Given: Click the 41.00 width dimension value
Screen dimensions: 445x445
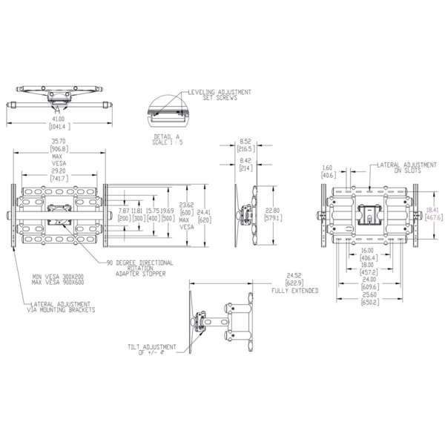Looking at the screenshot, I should pos(58,118).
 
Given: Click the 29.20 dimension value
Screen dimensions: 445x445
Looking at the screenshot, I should pos(59,170).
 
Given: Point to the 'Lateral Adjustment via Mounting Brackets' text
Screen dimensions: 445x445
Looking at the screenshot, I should pos(62,308).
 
